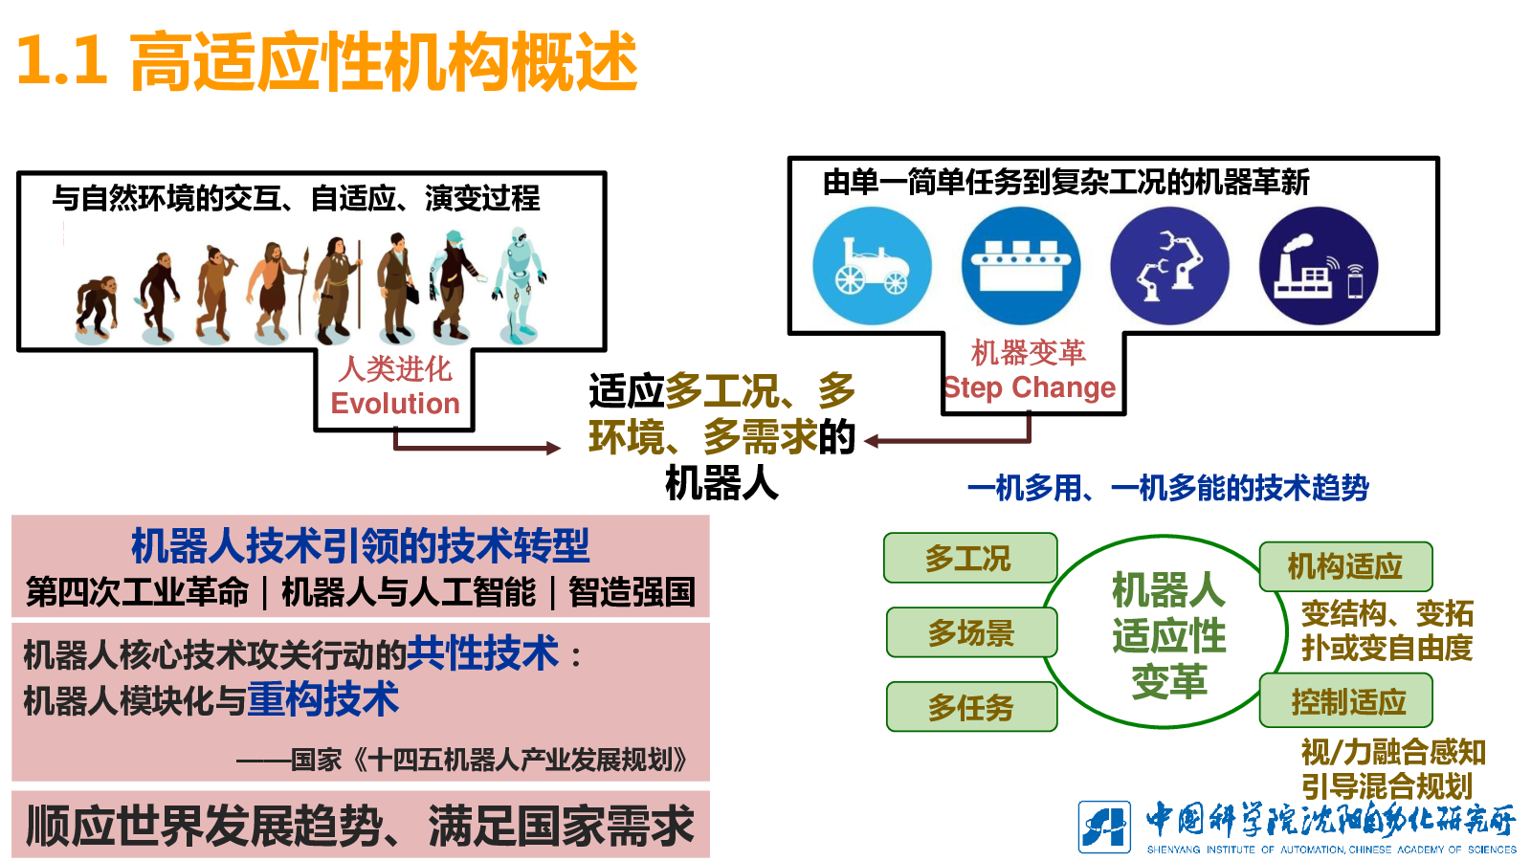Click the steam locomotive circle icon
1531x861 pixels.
click(872, 266)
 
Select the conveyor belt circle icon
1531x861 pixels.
click(1021, 266)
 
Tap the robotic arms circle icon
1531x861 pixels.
click(1169, 266)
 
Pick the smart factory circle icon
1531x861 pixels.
click(1319, 266)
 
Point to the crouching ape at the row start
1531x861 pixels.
click(97, 307)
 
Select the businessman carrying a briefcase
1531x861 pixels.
click(398, 287)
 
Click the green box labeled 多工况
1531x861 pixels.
click(970, 558)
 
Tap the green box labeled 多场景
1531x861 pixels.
click(972, 632)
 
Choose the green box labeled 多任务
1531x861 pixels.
click(972, 707)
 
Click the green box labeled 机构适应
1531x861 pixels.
click(1345, 566)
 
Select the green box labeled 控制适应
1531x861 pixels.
click(1345, 700)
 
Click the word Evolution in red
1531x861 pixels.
click(395, 403)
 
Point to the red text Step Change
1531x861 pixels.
click(1030, 387)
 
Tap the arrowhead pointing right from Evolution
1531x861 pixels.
click(554, 449)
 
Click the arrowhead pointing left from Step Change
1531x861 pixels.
click(872, 441)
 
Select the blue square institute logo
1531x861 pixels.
click(1104, 828)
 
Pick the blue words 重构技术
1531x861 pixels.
click(322, 699)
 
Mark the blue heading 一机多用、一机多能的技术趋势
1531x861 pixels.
click(1168, 488)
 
